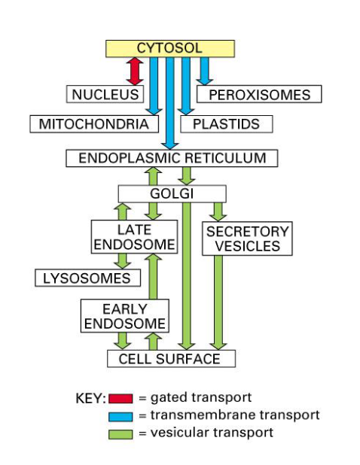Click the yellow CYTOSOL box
(169, 48)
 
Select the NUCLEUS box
(105, 94)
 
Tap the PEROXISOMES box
(258, 94)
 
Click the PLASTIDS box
(225, 123)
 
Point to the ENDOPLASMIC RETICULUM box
(172, 158)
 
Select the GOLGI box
(172, 193)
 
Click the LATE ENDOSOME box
(135, 237)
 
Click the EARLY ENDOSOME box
(124, 316)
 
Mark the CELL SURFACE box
(169, 358)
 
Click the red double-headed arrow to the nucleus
(135, 71)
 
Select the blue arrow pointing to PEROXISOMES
(204, 71)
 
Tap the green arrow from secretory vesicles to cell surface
(218, 301)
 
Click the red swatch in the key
(121, 398)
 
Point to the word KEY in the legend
(90, 398)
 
